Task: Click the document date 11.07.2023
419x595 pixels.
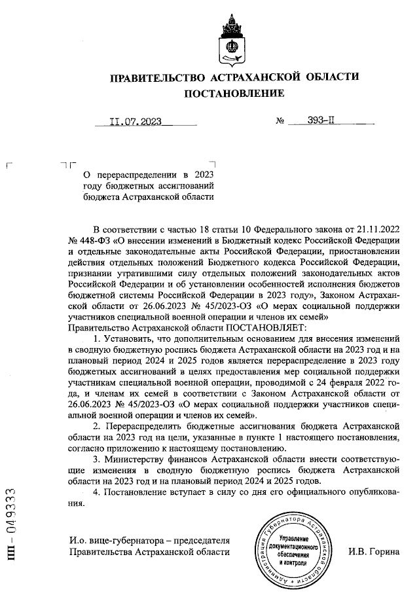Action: tap(136, 121)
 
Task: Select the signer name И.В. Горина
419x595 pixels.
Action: tap(374, 552)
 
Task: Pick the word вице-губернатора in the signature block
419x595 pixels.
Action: tap(123, 541)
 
